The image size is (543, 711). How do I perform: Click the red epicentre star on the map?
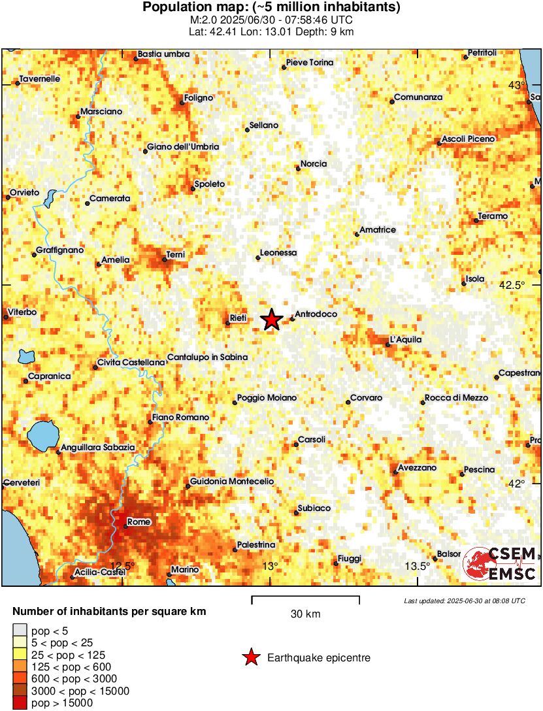(x=272, y=320)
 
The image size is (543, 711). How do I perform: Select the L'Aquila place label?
(x=405, y=340)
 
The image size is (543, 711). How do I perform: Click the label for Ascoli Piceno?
(x=469, y=139)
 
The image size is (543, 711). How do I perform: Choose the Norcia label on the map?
(x=314, y=164)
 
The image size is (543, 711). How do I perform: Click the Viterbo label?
(x=23, y=313)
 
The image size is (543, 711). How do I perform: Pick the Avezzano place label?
(x=418, y=469)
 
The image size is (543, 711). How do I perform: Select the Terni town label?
(x=176, y=254)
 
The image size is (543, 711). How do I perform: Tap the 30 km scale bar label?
(x=305, y=614)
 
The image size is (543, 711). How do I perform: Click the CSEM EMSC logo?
(x=500, y=563)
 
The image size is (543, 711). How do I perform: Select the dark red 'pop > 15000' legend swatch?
(x=21, y=703)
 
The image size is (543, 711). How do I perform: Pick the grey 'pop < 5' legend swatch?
(x=21, y=631)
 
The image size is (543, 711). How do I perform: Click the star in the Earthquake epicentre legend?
(x=251, y=658)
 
